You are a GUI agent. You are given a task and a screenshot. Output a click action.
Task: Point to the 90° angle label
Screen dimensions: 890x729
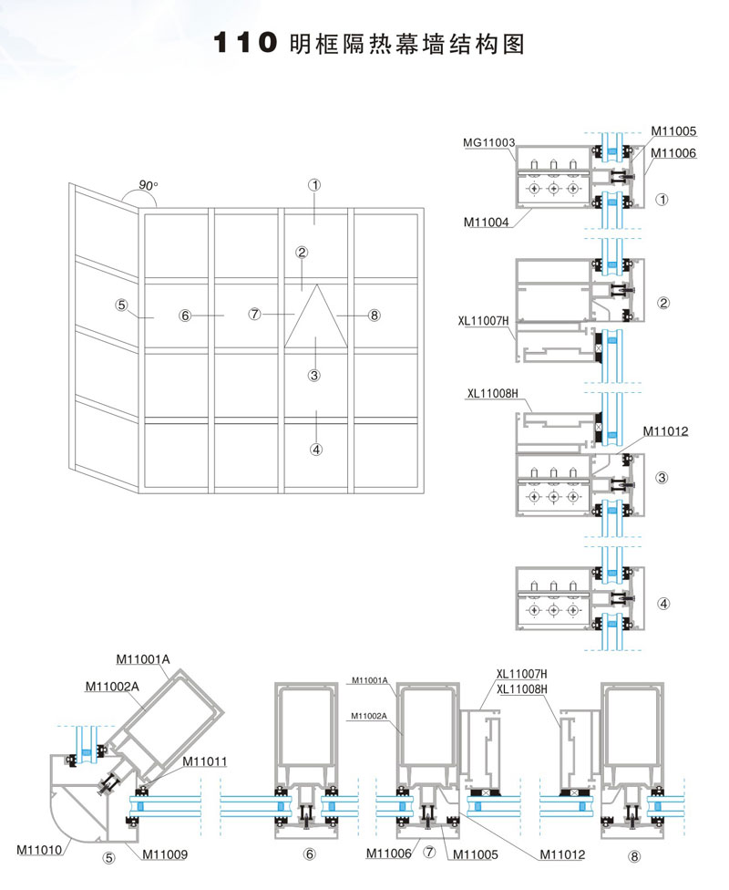(x=148, y=185)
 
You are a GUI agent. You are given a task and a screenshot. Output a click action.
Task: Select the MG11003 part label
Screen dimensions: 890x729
(x=489, y=143)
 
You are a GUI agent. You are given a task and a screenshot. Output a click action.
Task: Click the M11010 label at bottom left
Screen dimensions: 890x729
(x=39, y=850)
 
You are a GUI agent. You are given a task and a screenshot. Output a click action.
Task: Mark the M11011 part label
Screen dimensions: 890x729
(x=205, y=761)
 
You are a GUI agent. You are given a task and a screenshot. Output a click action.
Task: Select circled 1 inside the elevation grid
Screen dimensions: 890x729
(x=314, y=184)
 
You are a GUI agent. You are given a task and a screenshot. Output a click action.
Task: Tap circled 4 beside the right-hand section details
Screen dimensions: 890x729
(x=663, y=603)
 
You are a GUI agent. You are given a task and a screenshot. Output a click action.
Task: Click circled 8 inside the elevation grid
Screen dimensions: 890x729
(x=374, y=316)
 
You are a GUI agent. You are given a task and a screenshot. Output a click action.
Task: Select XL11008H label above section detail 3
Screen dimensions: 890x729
(x=492, y=394)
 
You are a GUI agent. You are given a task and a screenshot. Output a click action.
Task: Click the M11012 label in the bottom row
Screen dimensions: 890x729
(x=561, y=854)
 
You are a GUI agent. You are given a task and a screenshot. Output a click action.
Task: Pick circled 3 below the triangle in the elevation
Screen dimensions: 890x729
(x=313, y=375)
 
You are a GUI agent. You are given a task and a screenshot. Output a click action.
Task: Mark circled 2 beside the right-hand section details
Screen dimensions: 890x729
(x=663, y=303)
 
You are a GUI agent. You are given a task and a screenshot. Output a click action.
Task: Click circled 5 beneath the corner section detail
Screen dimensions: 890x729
(x=109, y=857)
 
